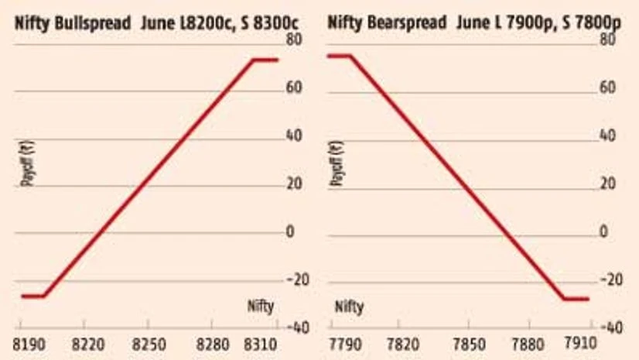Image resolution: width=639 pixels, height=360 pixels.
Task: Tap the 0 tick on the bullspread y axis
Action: (291, 232)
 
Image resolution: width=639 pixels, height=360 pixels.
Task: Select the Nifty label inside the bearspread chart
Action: (349, 307)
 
